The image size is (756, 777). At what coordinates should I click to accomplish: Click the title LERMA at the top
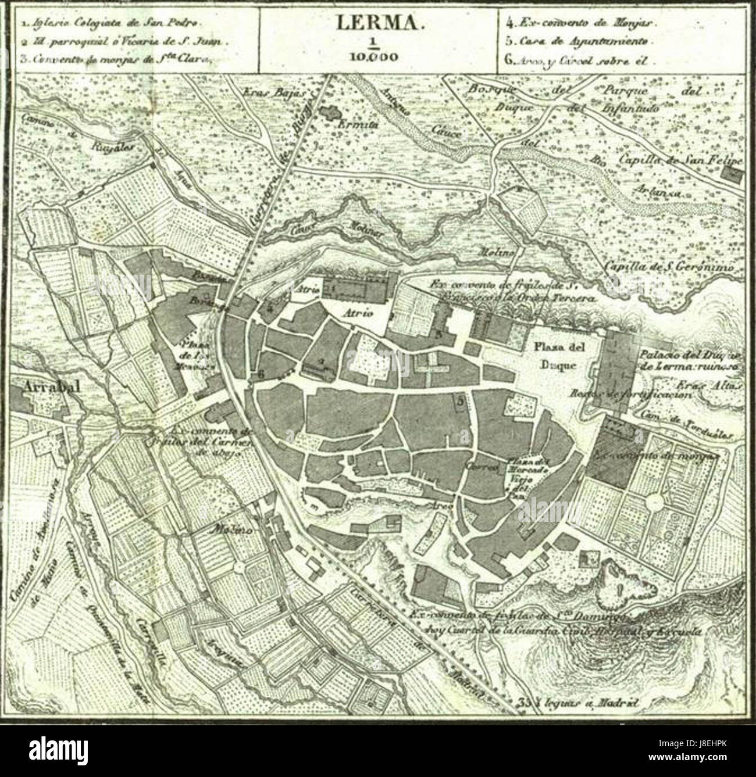tap(377, 24)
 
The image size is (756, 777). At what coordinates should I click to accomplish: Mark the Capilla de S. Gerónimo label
tap(669, 267)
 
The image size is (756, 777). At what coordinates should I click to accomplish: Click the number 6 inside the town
tap(261, 375)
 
